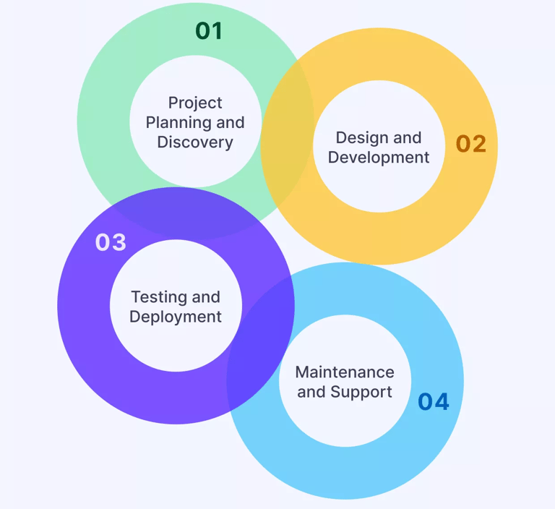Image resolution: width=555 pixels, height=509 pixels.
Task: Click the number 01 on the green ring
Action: pos(209,31)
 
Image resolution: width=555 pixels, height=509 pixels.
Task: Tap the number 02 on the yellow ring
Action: pos(471,144)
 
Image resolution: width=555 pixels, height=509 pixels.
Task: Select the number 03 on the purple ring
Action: pos(111,242)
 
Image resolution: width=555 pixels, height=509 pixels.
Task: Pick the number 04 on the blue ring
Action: pos(434,401)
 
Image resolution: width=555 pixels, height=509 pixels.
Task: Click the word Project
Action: pos(195,103)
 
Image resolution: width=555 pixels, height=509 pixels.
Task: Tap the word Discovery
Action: pos(195,142)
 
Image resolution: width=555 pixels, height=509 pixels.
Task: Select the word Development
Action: pos(379,157)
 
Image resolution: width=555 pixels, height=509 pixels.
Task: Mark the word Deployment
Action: pos(176,317)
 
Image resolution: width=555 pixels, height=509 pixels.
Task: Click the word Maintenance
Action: pos(345,372)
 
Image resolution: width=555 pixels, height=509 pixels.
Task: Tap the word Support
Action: pos(361,392)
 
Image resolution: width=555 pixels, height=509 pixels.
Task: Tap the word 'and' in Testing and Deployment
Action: pos(206,296)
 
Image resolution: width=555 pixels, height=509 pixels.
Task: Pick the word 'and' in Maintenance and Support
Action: pos(311,392)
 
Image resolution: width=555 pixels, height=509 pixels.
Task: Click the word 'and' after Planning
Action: pos(231,122)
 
